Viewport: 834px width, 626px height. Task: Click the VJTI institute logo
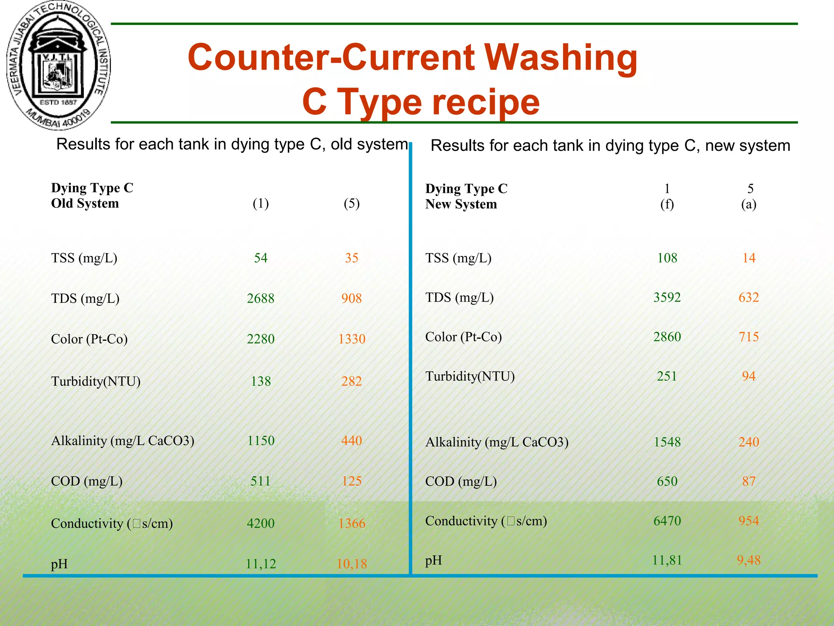point(59,65)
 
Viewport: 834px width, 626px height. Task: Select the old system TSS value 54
point(261,258)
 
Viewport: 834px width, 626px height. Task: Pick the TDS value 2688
point(261,298)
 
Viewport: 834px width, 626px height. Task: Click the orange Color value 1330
point(351,339)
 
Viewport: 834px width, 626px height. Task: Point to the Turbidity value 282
point(351,381)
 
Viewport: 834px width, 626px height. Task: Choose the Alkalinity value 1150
point(261,441)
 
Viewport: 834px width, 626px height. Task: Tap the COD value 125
point(351,481)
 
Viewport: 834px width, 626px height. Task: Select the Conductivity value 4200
point(261,523)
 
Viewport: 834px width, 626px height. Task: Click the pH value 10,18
point(351,564)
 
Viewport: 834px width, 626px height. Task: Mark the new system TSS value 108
point(667,258)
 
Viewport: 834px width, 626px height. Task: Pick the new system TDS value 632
point(748,298)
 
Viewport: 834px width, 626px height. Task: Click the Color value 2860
point(667,337)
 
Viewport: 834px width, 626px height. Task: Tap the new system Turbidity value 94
point(748,376)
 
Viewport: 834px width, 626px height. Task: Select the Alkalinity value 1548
point(667,442)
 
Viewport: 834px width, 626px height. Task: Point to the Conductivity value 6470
point(667,521)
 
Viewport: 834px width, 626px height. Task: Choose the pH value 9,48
point(748,560)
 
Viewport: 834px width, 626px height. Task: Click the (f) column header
point(667,204)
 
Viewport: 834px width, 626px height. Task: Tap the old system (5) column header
point(351,203)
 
